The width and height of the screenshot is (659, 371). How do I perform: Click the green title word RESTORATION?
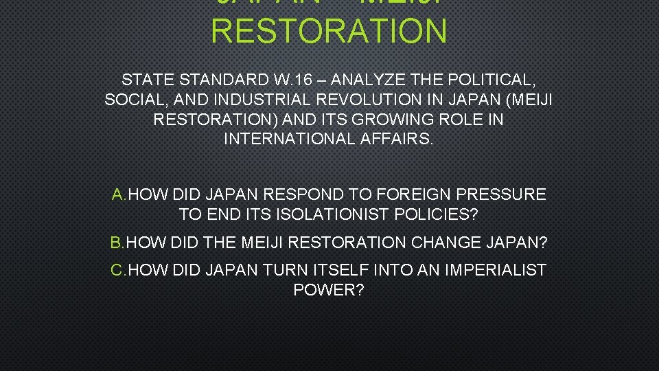coord(329,31)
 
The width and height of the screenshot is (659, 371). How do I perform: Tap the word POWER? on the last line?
coord(329,289)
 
